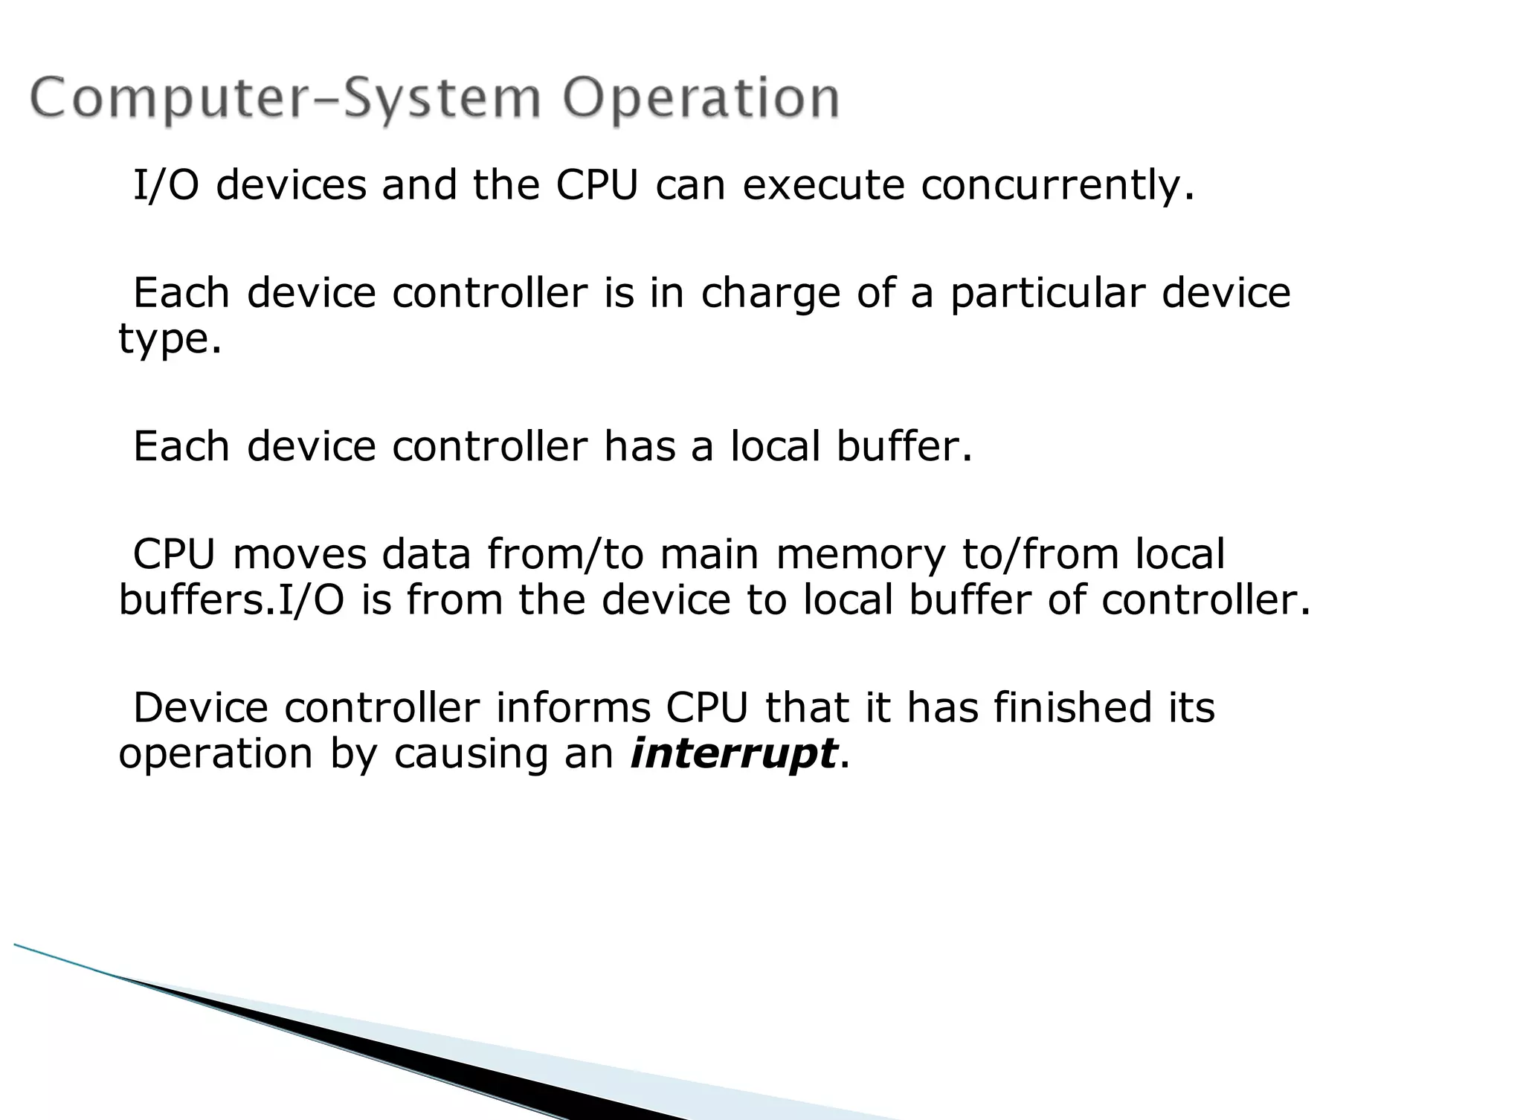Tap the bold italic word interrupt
[733, 753]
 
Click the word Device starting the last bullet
[200, 707]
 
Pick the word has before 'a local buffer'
[640, 446]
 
